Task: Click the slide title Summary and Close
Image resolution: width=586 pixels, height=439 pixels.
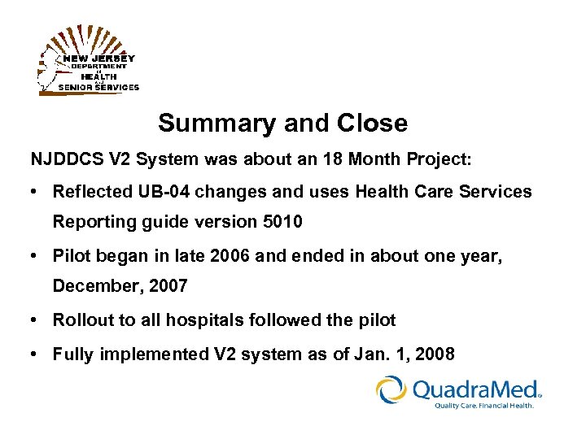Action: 282,124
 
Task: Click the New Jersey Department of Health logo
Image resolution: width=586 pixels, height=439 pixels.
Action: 89,63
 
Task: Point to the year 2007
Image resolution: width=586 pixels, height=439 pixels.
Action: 168,286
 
